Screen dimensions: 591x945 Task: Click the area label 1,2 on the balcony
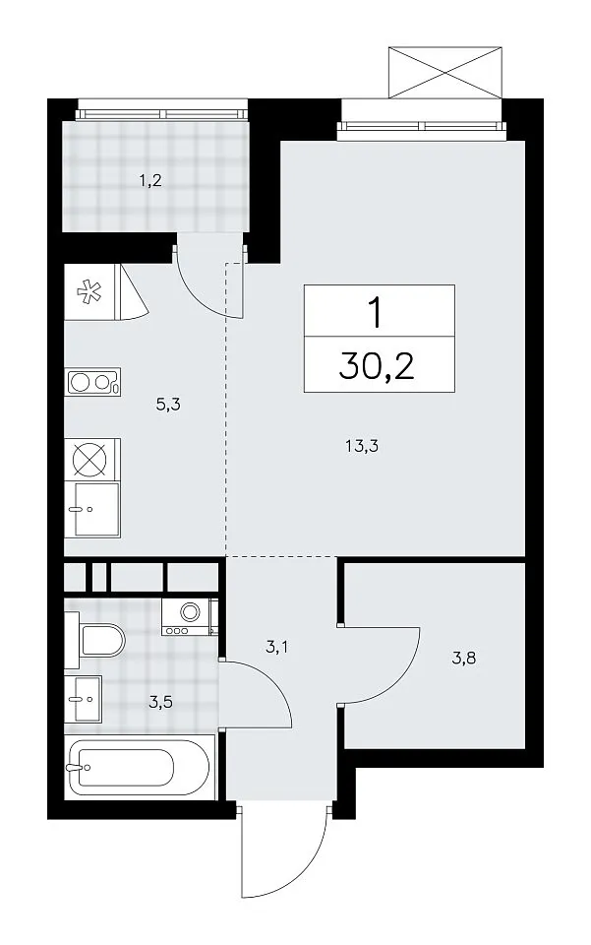tap(150, 180)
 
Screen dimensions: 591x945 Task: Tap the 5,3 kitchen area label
tap(168, 405)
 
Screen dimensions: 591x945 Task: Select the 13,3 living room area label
tap(362, 447)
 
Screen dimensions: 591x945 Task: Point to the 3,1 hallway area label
tap(277, 648)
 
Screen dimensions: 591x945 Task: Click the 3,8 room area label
tap(464, 658)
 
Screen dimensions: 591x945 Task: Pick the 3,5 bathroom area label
tap(160, 703)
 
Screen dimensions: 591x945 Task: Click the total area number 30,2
tap(378, 366)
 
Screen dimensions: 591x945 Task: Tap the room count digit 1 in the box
tap(377, 313)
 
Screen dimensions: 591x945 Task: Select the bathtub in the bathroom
tap(140, 768)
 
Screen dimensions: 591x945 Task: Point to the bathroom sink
tap(83, 698)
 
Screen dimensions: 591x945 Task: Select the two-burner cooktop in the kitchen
tap(93, 382)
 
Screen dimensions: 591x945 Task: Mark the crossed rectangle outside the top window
tap(444, 72)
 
